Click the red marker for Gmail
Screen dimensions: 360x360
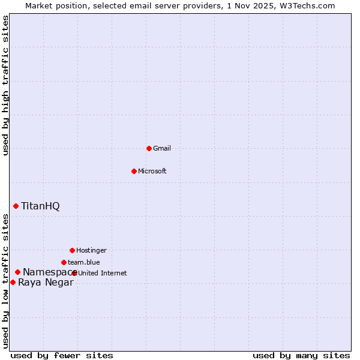[x=149, y=148]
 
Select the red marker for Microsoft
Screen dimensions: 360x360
[x=134, y=171]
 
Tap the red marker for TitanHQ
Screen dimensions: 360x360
[x=16, y=206]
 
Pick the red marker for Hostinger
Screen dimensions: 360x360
[x=72, y=250]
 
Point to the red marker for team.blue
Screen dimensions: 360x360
[x=64, y=262]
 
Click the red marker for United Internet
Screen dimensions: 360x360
[x=74, y=273]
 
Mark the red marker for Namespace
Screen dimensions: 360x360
[x=18, y=272]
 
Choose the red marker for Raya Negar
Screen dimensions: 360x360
[x=13, y=282]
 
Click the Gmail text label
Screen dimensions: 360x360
[x=162, y=148]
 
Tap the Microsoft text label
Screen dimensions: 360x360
[x=152, y=171]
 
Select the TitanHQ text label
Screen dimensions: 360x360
[x=40, y=206]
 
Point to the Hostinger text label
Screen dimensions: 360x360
[x=91, y=250]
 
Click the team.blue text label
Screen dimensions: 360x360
[x=84, y=262]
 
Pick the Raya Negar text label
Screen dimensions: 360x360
[x=46, y=283]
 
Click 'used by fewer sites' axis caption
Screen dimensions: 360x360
[x=62, y=355]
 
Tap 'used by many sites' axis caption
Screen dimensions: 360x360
[x=301, y=355]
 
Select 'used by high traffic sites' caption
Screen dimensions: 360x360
[x=6, y=85]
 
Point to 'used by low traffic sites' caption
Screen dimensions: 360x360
[x=6, y=281]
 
